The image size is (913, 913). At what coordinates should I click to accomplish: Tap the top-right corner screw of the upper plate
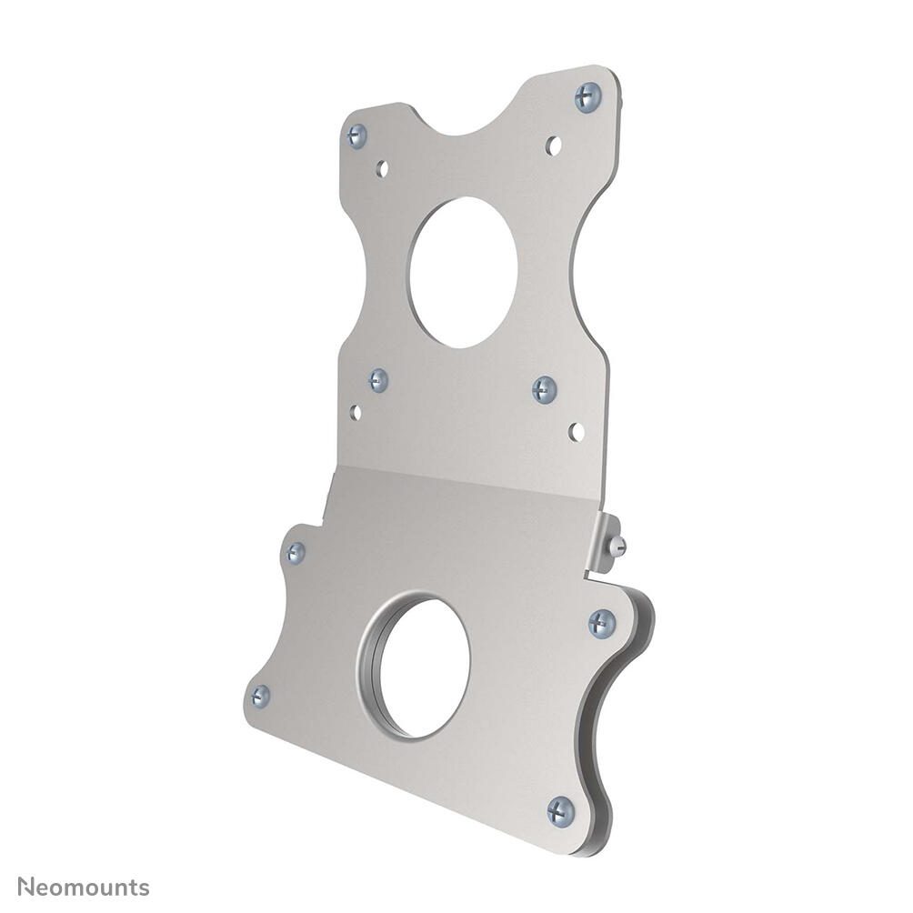[588, 96]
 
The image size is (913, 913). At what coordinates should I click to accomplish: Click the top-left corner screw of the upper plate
[357, 136]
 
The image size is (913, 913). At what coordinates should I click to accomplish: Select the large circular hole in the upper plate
[463, 273]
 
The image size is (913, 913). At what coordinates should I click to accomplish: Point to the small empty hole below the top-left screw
[383, 168]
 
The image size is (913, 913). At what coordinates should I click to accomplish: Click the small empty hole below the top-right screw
[553, 145]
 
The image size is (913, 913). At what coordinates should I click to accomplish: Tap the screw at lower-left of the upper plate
[379, 380]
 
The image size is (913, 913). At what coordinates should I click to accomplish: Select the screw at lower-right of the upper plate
[545, 389]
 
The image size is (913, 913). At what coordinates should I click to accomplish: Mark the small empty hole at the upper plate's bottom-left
[356, 412]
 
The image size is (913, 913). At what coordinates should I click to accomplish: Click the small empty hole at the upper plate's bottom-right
[577, 431]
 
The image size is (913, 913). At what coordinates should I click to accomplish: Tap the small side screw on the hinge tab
[619, 546]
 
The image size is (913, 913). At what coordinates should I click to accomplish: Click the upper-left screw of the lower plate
[296, 552]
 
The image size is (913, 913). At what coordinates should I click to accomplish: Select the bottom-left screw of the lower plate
[260, 697]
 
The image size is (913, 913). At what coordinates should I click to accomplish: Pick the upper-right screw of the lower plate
[601, 623]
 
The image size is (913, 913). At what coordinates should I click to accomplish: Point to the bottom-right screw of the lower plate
[561, 810]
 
